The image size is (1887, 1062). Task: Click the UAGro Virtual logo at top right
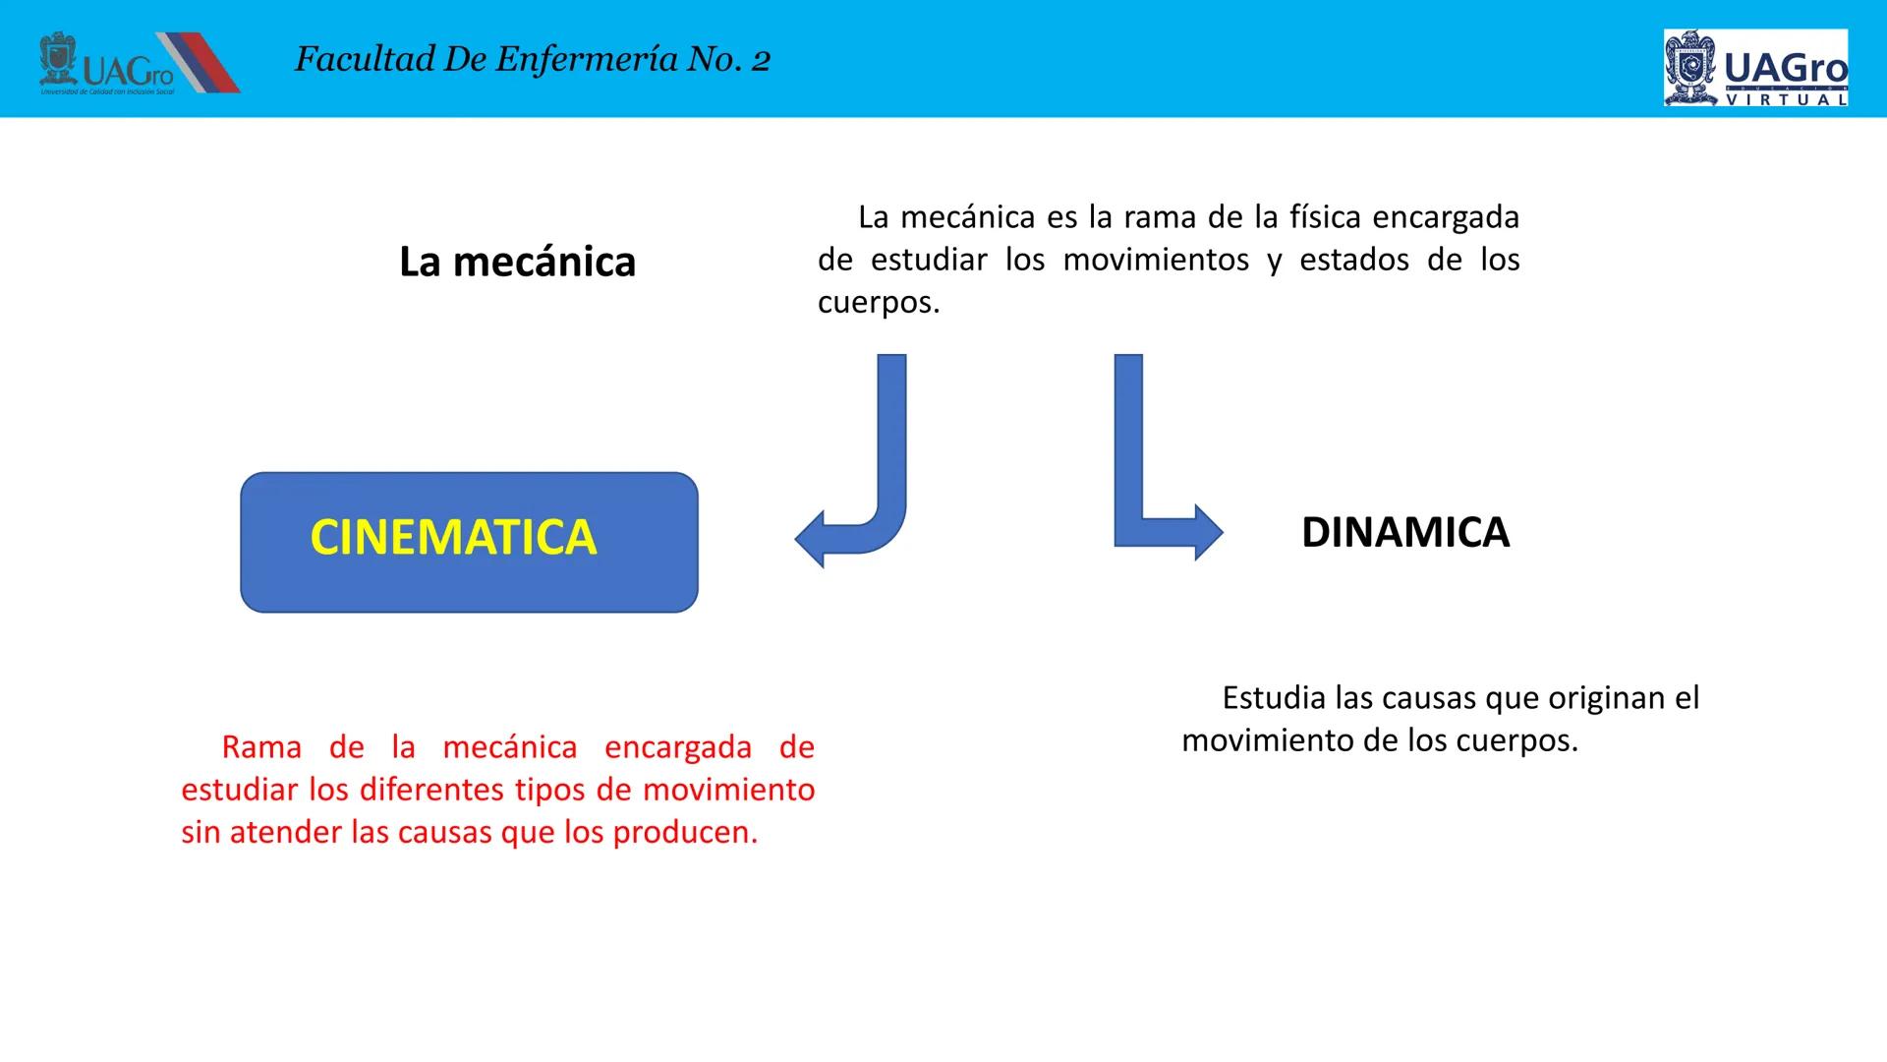click(x=1755, y=67)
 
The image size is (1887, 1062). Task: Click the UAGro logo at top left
click(x=138, y=64)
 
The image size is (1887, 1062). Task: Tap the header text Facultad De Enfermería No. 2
click(x=532, y=60)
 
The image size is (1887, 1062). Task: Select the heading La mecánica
click(x=517, y=262)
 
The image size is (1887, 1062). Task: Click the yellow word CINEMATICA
click(x=453, y=537)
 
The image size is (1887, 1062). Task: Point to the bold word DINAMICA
click(x=1404, y=532)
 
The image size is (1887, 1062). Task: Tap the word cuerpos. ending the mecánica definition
click(x=879, y=302)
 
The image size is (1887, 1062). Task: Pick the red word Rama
click(x=261, y=747)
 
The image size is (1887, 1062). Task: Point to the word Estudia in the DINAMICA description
click(x=1274, y=698)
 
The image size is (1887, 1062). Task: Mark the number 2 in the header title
click(x=761, y=62)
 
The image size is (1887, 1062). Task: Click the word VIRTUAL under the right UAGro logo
click(x=1786, y=99)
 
